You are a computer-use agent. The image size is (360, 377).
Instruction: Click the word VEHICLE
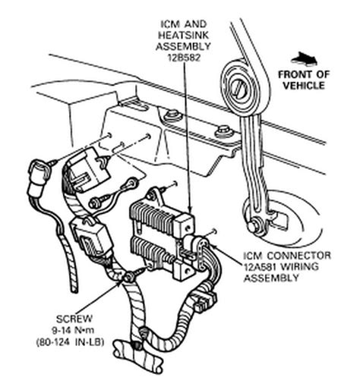coord(311,85)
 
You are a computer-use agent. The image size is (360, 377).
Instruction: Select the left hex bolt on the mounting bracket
coord(174,116)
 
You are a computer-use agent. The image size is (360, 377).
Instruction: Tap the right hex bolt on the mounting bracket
coord(223,130)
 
